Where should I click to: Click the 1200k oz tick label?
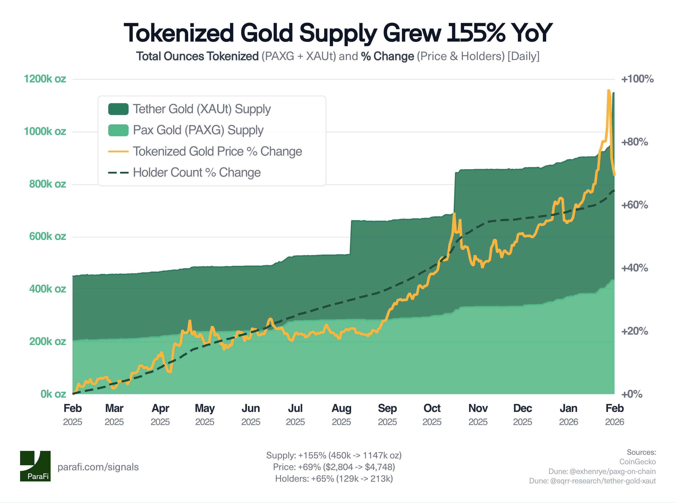coord(45,79)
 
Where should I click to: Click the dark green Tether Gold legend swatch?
coord(118,109)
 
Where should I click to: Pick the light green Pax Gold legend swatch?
coord(118,130)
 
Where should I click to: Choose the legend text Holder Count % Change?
coord(197,172)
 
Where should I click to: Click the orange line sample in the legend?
coord(118,151)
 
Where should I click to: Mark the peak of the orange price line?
coord(608,90)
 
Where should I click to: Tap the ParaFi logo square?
coord(35,466)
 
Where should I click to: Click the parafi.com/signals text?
coord(98,467)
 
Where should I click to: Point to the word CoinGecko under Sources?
coord(637,462)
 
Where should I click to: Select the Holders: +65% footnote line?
coord(334,479)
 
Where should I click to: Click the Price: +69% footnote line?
coord(334,467)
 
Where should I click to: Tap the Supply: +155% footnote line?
coord(334,455)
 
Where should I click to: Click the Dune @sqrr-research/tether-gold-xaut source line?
coord(592,481)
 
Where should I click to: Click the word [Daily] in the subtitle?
coord(523,56)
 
